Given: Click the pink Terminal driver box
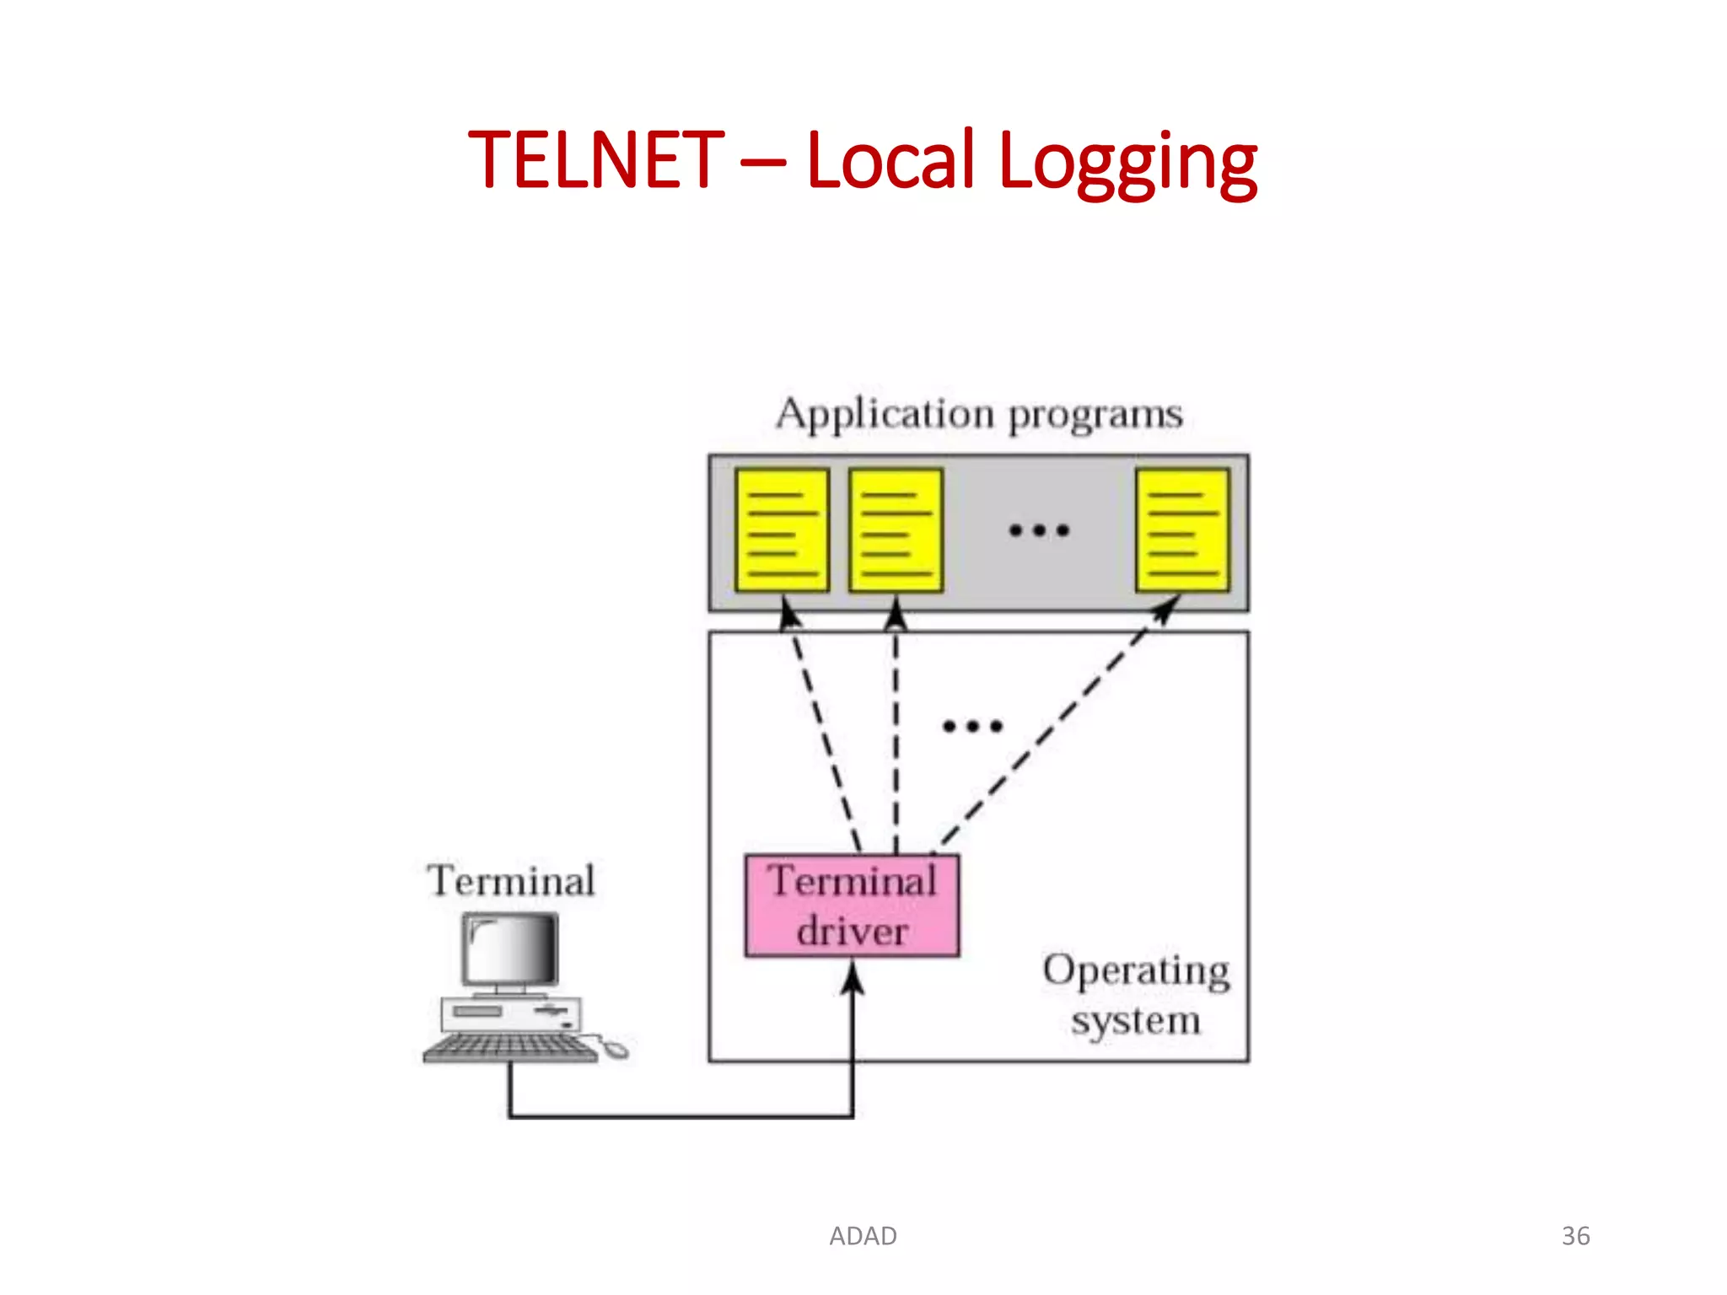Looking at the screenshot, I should pos(852,905).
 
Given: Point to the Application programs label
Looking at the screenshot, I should pos(979,414).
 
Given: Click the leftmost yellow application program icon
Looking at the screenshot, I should pos(782,530).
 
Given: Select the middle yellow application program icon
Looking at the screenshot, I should pos(896,530).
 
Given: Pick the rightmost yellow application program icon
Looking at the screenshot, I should pos(1182,530).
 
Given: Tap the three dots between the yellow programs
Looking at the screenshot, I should pos(1039,530).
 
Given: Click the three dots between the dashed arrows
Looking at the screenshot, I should pos(972,726).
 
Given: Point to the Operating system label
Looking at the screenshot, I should pos(1136,995).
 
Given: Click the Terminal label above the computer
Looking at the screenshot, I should pos(511,881).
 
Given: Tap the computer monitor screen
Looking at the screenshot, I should pos(509,948).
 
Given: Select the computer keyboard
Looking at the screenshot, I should pos(509,1048).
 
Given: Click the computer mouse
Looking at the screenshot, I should pos(616,1049).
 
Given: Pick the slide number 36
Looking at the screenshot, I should pos(1575,1236).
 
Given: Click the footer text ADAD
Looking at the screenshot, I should pos(863,1236).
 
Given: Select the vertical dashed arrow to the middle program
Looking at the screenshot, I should pos(896,733).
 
